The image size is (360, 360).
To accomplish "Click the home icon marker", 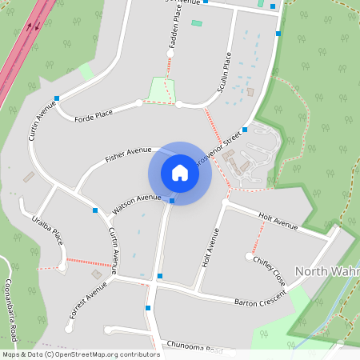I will [180, 172].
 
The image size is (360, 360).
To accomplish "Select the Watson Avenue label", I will [137, 204].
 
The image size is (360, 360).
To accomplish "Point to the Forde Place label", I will [94, 115].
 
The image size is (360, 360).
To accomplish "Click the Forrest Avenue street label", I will [87, 301].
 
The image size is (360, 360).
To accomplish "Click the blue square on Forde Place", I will [57, 98].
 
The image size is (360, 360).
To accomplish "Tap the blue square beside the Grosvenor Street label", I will [244, 129].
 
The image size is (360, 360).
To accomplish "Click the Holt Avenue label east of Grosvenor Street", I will [278, 222].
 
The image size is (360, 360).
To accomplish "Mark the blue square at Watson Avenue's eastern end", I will [172, 200].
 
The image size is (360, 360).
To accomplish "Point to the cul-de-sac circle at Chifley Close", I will [248, 256].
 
